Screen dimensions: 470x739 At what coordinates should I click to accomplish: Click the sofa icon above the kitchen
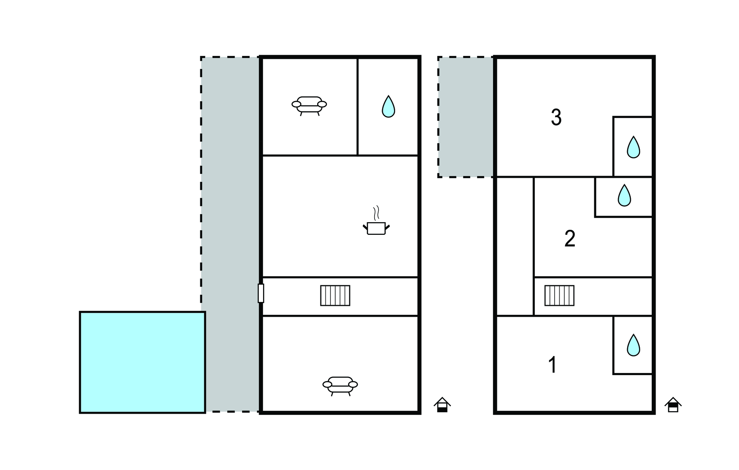309,105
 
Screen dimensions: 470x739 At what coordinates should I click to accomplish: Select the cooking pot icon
376,228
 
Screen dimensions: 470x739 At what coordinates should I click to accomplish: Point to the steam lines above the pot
376,213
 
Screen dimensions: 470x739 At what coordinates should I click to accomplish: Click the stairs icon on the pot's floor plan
335,295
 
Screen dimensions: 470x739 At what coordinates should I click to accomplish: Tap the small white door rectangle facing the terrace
261,293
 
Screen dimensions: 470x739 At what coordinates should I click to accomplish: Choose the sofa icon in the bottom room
340,385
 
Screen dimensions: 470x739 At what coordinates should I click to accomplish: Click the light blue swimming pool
143,362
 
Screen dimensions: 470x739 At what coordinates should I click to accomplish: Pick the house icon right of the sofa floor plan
442,405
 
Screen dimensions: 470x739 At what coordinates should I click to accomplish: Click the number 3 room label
556,118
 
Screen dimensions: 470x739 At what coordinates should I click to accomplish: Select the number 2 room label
569,239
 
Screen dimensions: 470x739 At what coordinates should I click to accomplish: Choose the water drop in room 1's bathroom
633,345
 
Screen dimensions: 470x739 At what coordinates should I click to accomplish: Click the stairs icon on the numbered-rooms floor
559,295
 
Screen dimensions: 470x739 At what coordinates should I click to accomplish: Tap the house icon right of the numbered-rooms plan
673,405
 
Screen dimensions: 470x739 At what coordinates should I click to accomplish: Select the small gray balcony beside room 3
465,117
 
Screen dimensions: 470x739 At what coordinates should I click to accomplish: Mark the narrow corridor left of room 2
515,246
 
